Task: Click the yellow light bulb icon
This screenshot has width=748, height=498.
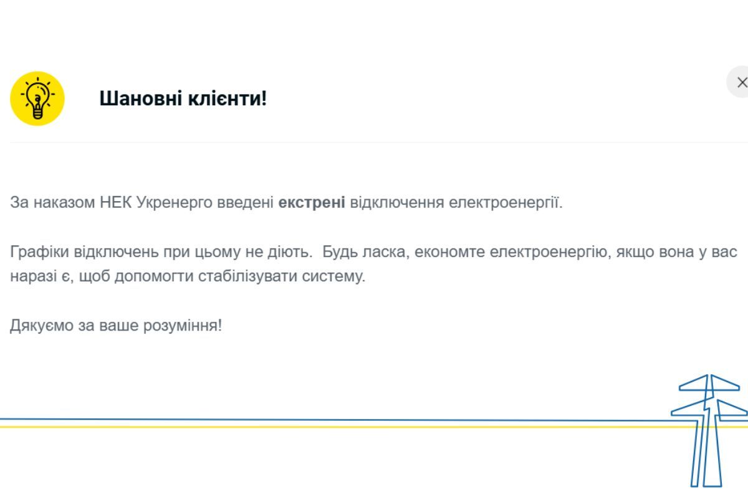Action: (x=37, y=98)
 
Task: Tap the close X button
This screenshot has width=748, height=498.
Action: (x=741, y=83)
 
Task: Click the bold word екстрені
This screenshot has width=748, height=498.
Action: (x=312, y=203)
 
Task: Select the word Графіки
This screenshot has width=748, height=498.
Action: (x=40, y=252)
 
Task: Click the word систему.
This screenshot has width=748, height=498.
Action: (x=333, y=276)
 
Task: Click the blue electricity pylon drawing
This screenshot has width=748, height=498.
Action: (x=707, y=430)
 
